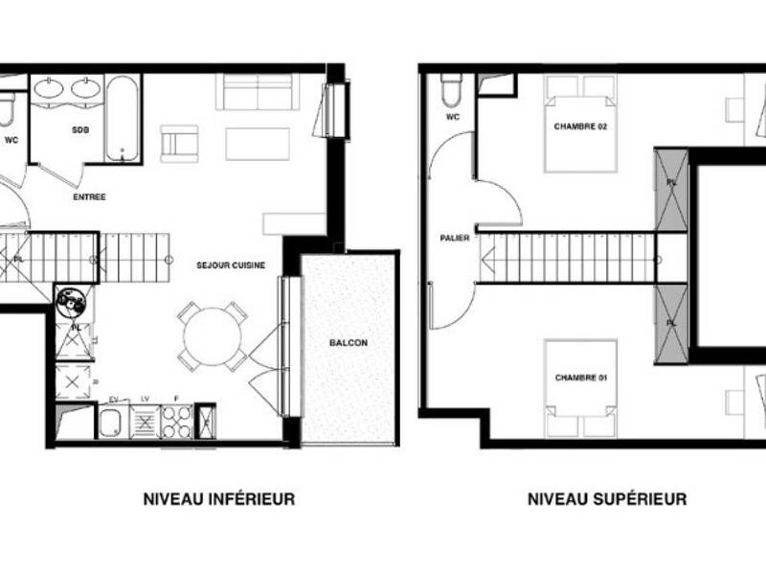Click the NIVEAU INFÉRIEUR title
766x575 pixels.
click(218, 499)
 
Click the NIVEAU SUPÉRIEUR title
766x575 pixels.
click(606, 499)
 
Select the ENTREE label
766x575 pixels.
click(89, 196)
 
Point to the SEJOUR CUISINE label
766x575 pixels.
click(231, 264)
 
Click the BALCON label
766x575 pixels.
click(348, 342)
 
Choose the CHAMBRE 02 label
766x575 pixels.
click(581, 126)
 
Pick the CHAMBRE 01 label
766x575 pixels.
click(581, 378)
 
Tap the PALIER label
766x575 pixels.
click(454, 238)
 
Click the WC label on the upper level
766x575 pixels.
click(452, 117)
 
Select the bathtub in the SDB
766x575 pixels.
click(123, 118)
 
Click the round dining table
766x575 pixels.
click(213, 335)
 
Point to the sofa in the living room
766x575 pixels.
click(259, 92)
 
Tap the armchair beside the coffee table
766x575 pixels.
click(179, 143)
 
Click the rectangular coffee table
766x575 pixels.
click(258, 144)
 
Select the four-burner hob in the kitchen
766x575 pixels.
click(176, 422)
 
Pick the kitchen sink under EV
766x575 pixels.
click(112, 423)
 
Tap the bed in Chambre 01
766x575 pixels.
click(581, 388)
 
